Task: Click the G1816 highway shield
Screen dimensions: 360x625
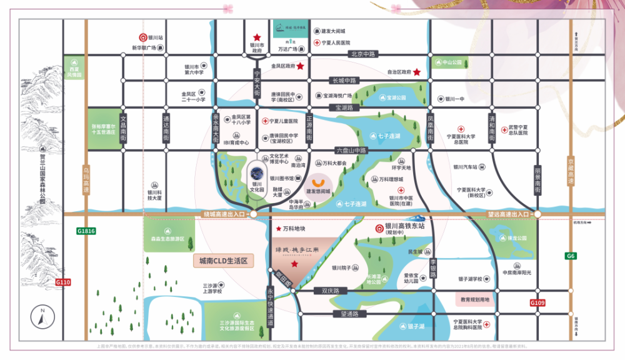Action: click(86, 231)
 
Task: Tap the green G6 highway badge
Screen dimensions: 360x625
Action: click(571, 256)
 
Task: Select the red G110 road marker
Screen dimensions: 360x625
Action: click(63, 282)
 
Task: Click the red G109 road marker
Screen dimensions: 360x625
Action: click(538, 303)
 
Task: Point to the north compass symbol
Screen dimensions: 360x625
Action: click(42, 317)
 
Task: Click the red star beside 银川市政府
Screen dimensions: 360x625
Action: click(256, 38)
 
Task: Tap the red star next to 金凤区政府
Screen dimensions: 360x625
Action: click(301, 66)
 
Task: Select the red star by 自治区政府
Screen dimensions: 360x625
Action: click(417, 72)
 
